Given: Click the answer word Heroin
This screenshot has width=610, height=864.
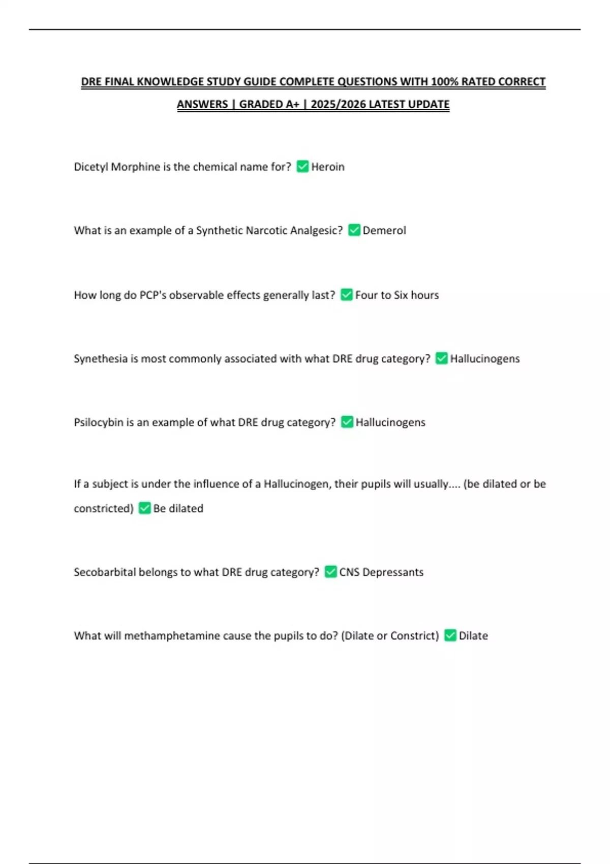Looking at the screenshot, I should (327, 167).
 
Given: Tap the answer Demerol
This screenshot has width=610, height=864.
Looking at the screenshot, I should (384, 230).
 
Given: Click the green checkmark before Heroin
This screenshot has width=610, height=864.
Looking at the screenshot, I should (302, 166).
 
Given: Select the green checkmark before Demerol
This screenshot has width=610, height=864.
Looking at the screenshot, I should (354, 230).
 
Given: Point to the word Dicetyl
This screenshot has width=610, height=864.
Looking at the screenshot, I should (91, 167).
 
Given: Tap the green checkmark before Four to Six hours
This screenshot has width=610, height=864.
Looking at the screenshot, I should (347, 295).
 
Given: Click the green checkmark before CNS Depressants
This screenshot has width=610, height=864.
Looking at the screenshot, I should (330, 572).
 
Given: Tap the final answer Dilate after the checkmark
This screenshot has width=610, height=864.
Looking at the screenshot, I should (473, 635).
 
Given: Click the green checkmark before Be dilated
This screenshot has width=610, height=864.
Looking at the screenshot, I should (145, 508).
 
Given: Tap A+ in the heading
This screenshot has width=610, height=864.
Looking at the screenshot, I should (292, 104).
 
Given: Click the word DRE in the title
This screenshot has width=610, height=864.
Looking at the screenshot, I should (91, 82).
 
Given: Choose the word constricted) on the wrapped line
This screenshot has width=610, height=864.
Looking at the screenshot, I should (104, 508).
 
